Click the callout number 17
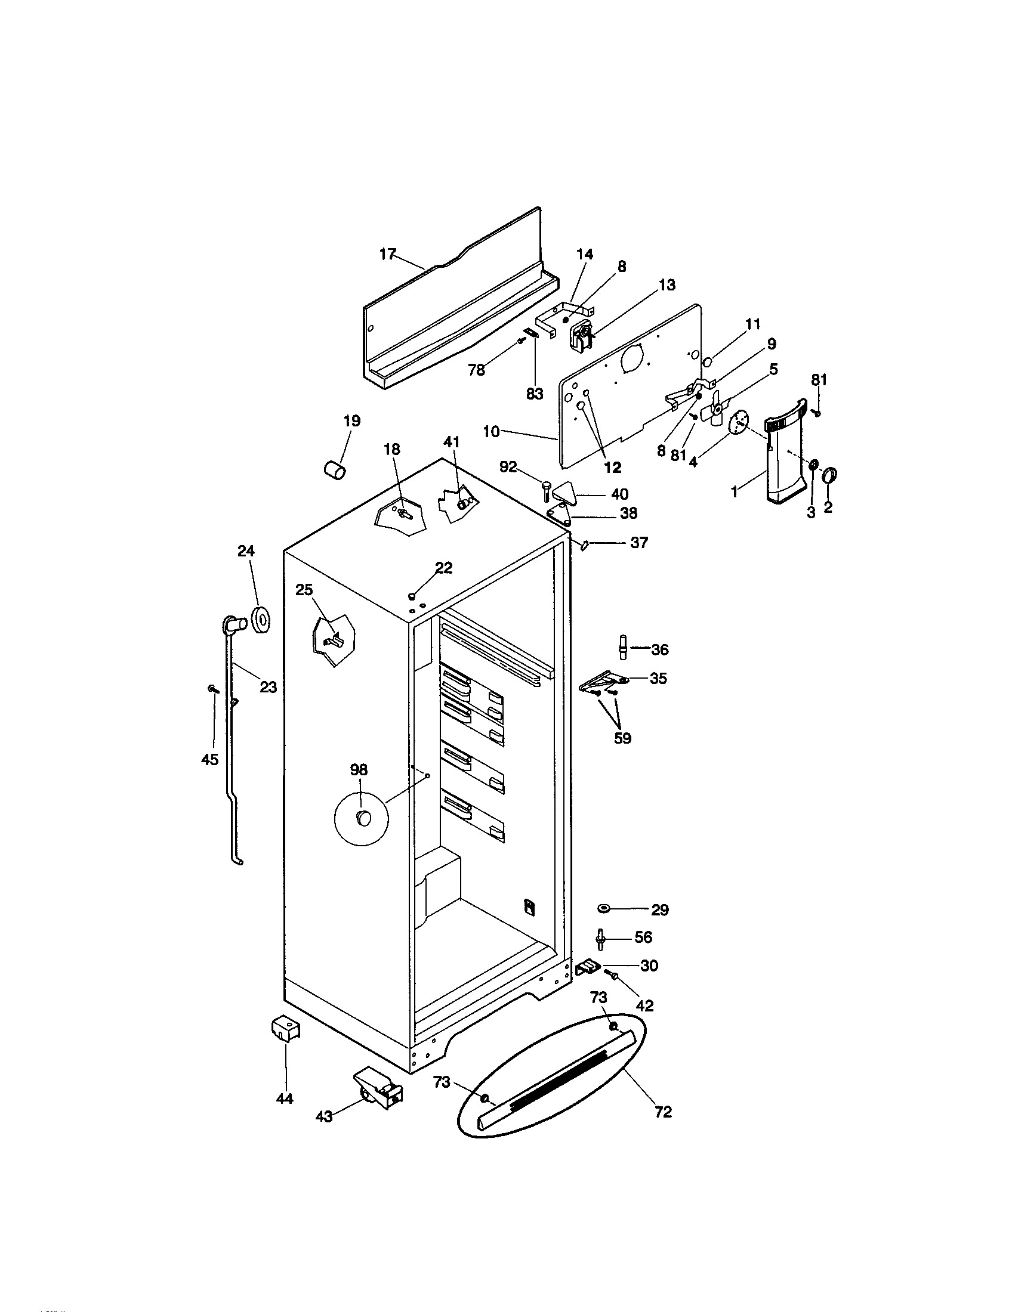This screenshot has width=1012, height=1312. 388,254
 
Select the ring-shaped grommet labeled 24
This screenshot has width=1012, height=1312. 261,620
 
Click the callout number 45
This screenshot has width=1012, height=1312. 209,760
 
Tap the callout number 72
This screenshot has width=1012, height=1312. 663,1112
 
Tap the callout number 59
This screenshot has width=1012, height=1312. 622,738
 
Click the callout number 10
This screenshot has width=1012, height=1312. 491,431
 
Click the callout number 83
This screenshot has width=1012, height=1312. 534,394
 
